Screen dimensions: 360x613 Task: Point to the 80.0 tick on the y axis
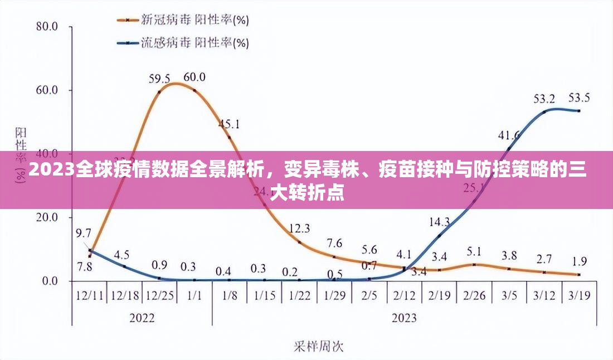tap(47, 26)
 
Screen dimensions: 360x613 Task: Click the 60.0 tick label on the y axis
tap(47, 90)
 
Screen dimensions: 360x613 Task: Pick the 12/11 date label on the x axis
tap(89, 295)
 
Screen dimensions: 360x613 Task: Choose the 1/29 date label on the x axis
tap(334, 295)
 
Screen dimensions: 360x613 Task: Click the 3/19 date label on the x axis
tap(579, 295)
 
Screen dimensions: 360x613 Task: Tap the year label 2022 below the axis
tap(142, 318)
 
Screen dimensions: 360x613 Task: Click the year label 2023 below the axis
tap(404, 318)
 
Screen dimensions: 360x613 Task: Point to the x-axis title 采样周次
tap(319, 347)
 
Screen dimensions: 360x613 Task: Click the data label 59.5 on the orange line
tap(159, 77)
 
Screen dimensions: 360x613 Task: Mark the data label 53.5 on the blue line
tap(579, 98)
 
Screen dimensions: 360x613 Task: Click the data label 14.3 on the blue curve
tap(440, 222)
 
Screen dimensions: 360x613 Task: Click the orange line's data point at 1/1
tap(194, 90)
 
